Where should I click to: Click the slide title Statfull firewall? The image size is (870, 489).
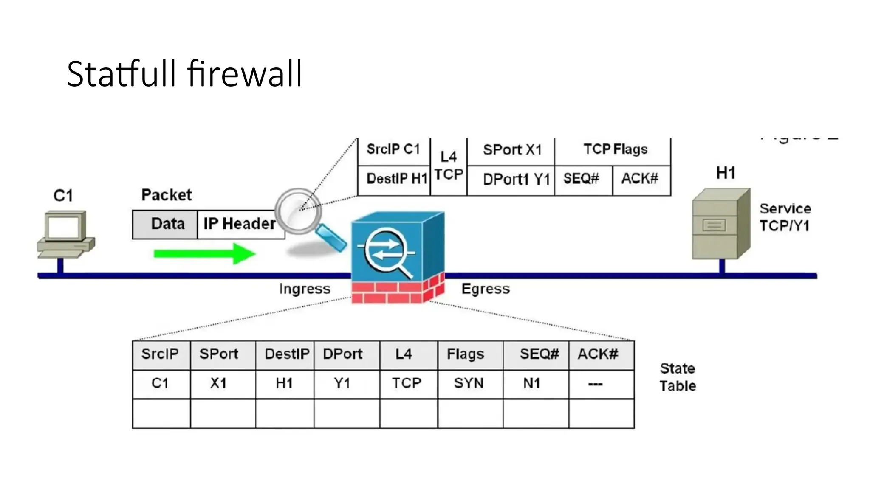(184, 74)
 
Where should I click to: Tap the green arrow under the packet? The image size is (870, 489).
(204, 253)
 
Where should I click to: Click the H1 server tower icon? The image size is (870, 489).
(721, 224)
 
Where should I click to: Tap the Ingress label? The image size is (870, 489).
(305, 289)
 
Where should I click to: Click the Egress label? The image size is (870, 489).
(486, 289)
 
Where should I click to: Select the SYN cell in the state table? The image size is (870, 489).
(469, 384)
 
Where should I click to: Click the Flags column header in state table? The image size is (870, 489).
(466, 354)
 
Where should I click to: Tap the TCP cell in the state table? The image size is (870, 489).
(407, 384)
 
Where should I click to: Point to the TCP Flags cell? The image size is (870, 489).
(615, 149)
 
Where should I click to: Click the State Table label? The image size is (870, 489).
(678, 377)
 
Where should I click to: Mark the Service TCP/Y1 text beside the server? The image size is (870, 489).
(785, 217)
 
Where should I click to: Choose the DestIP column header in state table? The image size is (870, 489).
(286, 354)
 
